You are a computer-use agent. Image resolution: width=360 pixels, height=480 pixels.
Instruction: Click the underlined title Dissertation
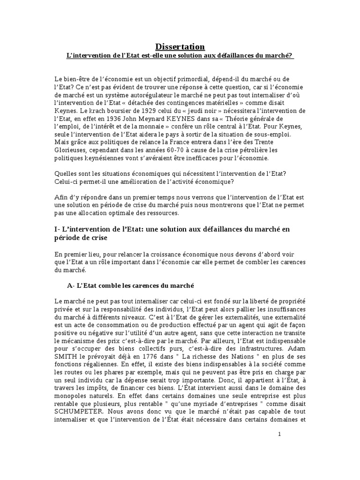[180, 46]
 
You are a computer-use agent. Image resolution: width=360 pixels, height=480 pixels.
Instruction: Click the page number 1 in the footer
[279, 435]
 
